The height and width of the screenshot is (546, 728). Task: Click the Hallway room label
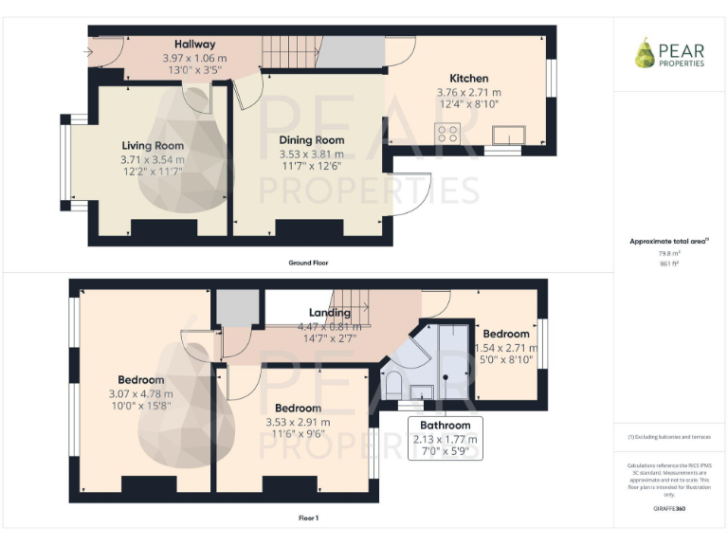[x=194, y=45]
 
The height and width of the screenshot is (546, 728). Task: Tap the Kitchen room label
[x=468, y=79]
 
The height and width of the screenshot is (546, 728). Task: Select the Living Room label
[x=153, y=146]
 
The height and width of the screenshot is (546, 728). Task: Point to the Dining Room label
[x=311, y=140]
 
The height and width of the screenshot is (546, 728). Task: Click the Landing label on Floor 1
[x=329, y=313]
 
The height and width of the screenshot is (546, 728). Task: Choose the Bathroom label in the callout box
[x=446, y=426]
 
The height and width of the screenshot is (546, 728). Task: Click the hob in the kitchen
[x=447, y=134]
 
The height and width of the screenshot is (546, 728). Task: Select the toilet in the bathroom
[x=393, y=384]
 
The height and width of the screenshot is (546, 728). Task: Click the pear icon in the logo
[x=645, y=53]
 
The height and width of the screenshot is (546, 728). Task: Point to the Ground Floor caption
[x=308, y=263]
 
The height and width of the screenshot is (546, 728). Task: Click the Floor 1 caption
[x=308, y=519]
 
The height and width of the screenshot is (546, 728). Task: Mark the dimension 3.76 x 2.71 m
[x=468, y=92]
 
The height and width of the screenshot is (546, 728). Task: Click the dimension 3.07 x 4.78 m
[x=140, y=394]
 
